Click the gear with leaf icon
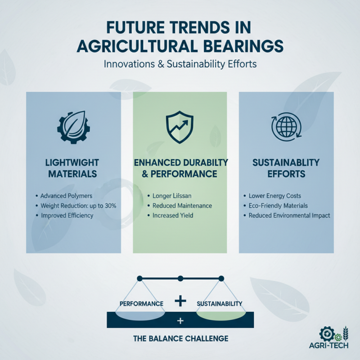(x=73, y=127)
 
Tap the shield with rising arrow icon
(x=180, y=126)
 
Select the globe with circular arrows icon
(x=286, y=127)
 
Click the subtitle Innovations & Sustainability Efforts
(x=180, y=64)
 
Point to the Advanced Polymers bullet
(x=65, y=196)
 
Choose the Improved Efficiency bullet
(x=67, y=216)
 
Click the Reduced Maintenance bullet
(x=182, y=206)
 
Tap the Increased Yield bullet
(x=173, y=216)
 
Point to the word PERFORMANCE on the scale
(x=141, y=304)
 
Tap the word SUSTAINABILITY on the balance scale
(x=220, y=304)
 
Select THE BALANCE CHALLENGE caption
(x=180, y=338)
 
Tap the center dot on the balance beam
(x=180, y=279)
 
